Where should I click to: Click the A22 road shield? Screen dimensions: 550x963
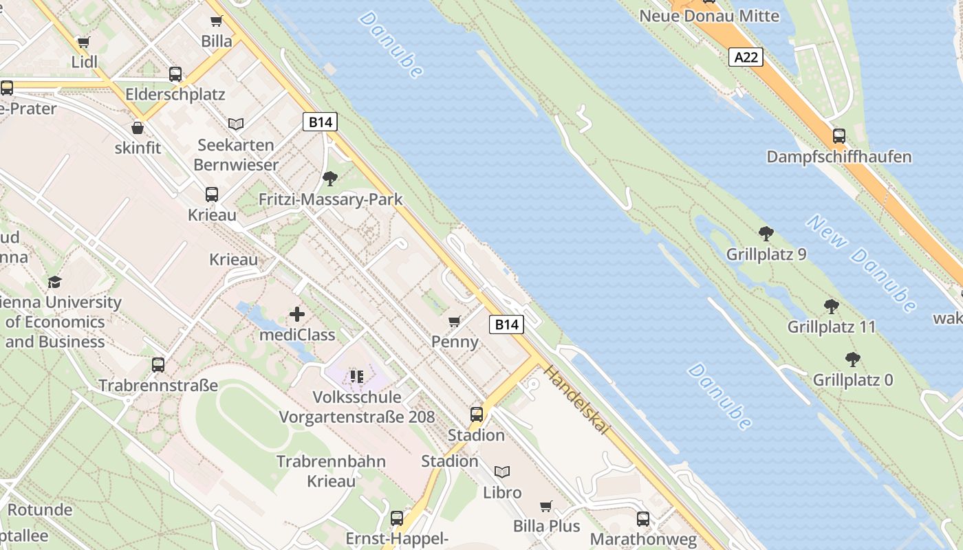tap(746, 57)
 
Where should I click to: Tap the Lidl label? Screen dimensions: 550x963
tap(85, 62)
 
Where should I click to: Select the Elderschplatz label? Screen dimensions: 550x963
tap(175, 94)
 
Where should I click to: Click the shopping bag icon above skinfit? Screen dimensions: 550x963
tap(138, 128)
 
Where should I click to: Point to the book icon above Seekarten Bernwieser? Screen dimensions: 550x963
tap(236, 124)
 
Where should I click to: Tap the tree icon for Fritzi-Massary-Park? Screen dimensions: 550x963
tap(330, 179)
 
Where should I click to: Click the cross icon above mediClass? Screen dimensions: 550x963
tap(297, 315)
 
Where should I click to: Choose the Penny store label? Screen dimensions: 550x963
tap(455, 341)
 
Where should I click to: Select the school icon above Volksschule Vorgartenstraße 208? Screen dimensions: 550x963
tap(356, 376)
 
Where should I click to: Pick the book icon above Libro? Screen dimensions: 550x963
tap(503, 472)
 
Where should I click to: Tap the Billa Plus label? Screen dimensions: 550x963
tap(547, 526)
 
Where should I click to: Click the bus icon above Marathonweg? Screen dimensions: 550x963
tap(643, 518)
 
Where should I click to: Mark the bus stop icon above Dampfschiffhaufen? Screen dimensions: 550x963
tap(838, 136)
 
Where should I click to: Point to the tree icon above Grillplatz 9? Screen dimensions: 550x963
tap(766, 234)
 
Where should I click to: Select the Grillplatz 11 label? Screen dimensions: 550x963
tap(832, 327)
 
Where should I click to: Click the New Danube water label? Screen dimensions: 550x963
tap(862, 263)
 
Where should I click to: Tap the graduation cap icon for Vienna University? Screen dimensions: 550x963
tap(54, 282)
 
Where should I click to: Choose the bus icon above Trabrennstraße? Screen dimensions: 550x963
tap(158, 365)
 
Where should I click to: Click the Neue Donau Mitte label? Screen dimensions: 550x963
tap(709, 16)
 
